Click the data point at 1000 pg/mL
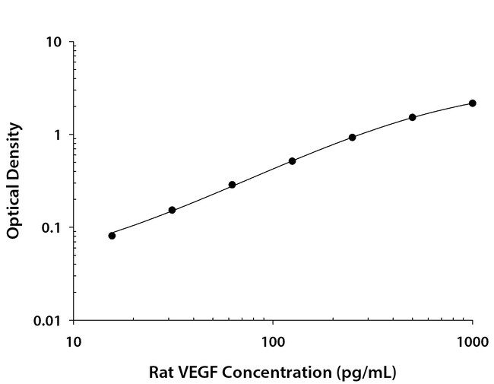tap(472, 103)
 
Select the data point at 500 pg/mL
tap(412, 117)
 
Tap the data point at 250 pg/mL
tap(352, 137)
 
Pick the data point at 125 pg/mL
tap(292, 161)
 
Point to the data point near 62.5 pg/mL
tap(232, 185)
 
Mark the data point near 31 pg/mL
tap(172, 210)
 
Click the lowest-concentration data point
tap(112, 235)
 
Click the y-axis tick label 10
tap(53, 42)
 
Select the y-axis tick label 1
tap(58, 135)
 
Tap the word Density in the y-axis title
tap(14, 149)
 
